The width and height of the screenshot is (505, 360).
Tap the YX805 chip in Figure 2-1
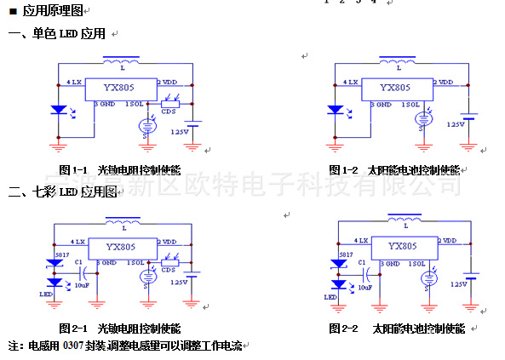click(x=120, y=247)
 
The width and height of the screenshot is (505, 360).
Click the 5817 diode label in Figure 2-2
click(x=345, y=254)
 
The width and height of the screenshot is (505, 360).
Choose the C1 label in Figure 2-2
click(x=364, y=264)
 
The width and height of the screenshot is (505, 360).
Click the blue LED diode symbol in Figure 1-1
click(x=58, y=110)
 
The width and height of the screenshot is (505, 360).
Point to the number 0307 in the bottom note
click(x=74, y=346)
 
